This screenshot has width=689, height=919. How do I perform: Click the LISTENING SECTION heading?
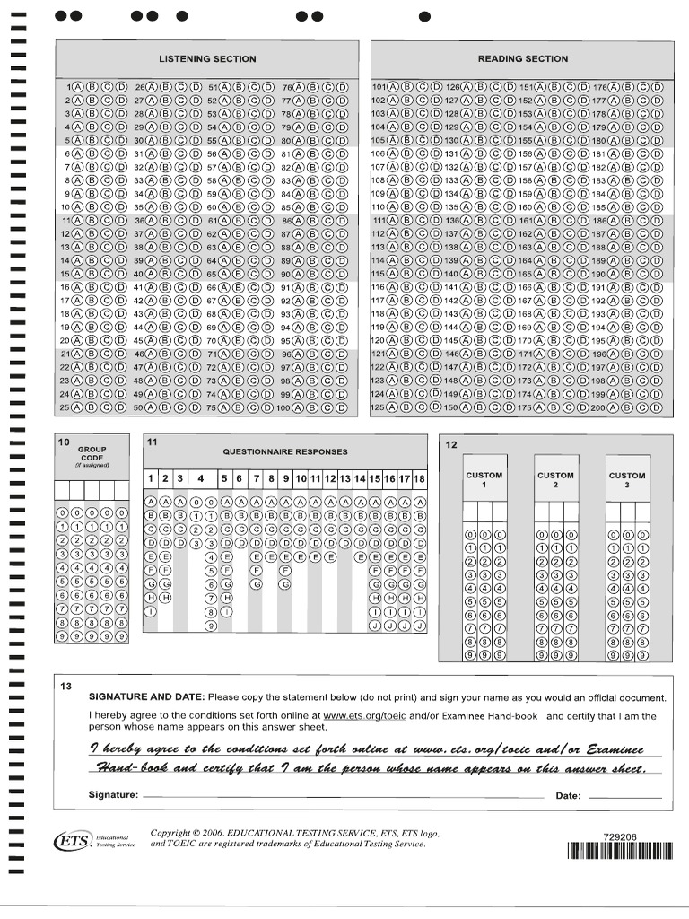(x=207, y=59)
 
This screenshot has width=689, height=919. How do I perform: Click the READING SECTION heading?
(x=522, y=59)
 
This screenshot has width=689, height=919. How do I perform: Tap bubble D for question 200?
(x=657, y=407)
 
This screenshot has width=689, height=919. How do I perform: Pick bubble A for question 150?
(x=467, y=407)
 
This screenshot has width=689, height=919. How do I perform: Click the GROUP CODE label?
(x=92, y=453)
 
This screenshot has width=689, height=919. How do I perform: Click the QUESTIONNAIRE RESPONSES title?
(x=285, y=451)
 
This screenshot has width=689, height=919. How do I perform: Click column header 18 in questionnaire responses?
(x=419, y=478)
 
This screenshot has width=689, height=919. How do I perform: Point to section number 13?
(x=65, y=687)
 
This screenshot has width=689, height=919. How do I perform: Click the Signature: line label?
(x=113, y=795)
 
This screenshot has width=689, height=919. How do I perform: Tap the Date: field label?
(x=569, y=795)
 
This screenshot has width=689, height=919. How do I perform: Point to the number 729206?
(x=621, y=836)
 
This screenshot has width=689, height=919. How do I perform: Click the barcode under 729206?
(x=621, y=852)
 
